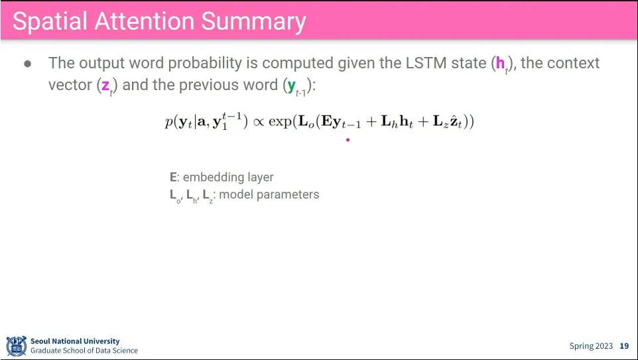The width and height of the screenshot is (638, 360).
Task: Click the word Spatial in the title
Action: [50, 22]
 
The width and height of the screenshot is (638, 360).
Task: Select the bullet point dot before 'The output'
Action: [28, 64]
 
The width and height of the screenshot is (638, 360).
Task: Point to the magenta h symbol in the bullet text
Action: [501, 63]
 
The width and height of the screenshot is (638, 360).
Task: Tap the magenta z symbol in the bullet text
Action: [105, 86]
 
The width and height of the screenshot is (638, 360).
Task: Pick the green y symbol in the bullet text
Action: [291, 86]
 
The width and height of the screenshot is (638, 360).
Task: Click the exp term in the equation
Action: [281, 121]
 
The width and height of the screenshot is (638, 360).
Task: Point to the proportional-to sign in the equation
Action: [259, 121]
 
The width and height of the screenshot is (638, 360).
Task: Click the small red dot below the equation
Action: [348, 140]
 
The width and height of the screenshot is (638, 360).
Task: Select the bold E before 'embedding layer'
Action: [173, 177]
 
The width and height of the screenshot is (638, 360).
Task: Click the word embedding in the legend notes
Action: [210, 178]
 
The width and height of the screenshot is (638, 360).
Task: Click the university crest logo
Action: [17, 346]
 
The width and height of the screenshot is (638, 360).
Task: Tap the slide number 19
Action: [624, 346]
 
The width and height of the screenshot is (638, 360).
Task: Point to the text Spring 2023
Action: [591, 346]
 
